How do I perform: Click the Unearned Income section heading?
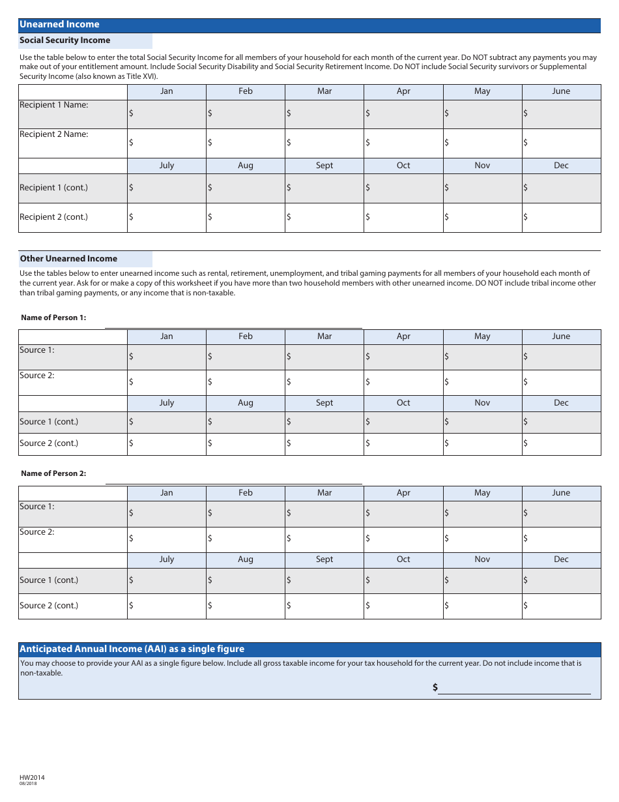59,25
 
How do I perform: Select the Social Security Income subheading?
65,40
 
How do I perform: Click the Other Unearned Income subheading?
68,259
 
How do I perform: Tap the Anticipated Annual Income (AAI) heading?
132,649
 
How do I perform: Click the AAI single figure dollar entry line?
514,688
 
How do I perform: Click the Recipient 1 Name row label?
54,105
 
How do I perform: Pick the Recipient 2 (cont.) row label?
53,217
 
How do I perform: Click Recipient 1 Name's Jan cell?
167,114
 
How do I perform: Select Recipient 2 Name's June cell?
561,143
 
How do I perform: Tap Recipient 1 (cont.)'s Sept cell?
324,188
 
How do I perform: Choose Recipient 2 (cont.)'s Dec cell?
561,217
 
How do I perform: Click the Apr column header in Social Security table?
403,91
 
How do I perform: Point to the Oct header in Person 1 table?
403,403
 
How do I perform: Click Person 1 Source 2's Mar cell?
324,382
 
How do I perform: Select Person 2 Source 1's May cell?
482,514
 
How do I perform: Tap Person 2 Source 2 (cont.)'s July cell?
167,606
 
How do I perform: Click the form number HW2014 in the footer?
32,777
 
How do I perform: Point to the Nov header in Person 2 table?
482,559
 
